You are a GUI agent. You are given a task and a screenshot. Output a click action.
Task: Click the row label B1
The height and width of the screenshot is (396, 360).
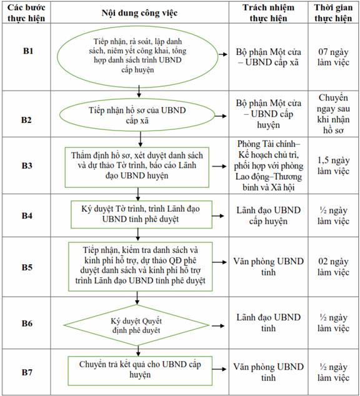point(28,51)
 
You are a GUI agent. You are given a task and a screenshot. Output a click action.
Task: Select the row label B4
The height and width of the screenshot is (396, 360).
point(27,215)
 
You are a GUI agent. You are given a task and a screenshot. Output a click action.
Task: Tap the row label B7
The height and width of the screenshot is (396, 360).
point(27,372)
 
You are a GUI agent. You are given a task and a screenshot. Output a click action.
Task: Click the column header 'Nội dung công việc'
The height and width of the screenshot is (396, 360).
point(139,13)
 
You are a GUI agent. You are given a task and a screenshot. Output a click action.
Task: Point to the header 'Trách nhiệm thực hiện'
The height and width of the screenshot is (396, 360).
point(268,12)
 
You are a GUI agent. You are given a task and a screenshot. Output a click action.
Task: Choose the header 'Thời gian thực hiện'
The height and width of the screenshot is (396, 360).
point(333,12)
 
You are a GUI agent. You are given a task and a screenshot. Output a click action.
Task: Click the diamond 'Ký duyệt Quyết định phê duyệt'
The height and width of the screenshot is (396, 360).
point(136,325)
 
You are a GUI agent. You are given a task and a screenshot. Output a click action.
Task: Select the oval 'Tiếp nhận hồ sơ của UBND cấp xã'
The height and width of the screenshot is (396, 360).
point(137,115)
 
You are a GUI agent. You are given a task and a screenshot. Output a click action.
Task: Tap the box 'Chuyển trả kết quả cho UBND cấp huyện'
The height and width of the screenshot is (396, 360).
point(140,371)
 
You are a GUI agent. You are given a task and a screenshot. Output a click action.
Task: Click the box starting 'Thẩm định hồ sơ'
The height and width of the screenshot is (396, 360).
point(137,167)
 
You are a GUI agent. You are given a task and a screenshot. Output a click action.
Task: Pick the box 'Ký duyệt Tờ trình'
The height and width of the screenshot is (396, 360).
point(141,214)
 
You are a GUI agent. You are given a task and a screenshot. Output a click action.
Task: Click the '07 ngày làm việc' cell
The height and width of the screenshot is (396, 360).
point(333,57)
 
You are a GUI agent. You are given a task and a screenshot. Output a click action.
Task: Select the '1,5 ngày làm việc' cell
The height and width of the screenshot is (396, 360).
point(333,166)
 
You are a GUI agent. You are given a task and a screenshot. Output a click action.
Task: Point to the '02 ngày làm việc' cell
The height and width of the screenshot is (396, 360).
point(333,267)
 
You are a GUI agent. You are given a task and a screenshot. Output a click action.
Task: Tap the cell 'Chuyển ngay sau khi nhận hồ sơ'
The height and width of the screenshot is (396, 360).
point(333,114)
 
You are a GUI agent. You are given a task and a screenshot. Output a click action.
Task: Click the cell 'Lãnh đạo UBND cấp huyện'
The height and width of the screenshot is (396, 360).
point(268,215)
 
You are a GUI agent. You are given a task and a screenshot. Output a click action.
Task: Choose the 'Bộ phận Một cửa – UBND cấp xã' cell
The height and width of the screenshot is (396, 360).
point(268,57)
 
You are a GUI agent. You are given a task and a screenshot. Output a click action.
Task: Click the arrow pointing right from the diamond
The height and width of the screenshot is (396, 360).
point(217,326)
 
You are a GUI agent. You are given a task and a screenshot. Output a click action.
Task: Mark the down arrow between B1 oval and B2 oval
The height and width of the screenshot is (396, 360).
point(139,92)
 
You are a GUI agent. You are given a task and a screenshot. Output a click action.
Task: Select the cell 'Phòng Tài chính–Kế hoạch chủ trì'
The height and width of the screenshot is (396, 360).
point(268,166)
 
